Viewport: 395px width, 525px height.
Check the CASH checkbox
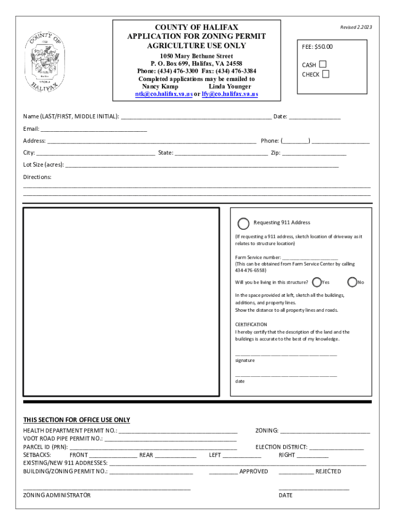tap(322, 65)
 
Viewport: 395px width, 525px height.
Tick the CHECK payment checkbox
tap(325, 74)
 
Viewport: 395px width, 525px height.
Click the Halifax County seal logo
tap(45, 61)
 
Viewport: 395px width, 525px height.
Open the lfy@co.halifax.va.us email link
tap(230, 94)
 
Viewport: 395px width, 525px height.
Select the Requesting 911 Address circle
tap(244, 223)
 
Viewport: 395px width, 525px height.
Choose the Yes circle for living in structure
tap(317, 282)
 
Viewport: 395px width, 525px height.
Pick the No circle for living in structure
tap(352, 282)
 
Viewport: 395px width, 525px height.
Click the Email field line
tap(93, 129)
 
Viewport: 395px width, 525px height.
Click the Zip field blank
tap(314, 153)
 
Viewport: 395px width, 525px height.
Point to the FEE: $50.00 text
tap(317, 47)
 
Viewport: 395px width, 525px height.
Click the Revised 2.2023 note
tap(356, 27)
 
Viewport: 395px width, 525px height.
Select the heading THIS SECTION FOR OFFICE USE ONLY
tap(76, 420)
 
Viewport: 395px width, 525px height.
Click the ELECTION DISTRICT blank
tap(336, 448)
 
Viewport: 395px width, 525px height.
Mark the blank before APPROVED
tap(223, 472)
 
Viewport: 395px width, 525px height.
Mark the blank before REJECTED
tap(295, 472)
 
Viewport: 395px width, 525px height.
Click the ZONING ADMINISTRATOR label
tap(56, 495)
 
